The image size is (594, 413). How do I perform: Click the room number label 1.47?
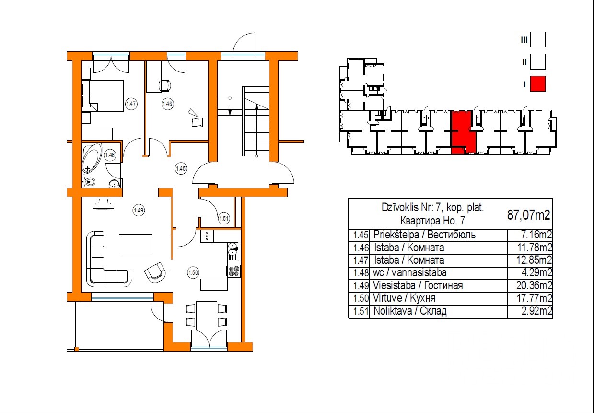coord(131,104)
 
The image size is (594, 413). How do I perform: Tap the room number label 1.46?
coord(168,104)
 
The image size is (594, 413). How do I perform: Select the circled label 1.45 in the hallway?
coord(181,168)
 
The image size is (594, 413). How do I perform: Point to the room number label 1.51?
coord(224,218)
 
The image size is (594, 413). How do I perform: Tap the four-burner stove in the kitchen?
coord(233,271)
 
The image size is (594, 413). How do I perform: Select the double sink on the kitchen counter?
coord(233,251)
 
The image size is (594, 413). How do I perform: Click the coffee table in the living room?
coord(136,245)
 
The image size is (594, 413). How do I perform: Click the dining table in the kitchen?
coord(207,316)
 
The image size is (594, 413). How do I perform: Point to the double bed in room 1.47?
coord(106,96)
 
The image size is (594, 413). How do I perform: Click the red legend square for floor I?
coord(538,84)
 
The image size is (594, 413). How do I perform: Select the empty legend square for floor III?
coord(538,39)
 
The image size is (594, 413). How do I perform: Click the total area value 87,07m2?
coord(529,214)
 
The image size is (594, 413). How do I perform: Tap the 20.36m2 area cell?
coord(534,285)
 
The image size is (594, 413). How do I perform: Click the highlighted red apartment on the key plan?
coord(463,132)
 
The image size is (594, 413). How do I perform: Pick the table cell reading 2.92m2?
coord(537,311)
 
